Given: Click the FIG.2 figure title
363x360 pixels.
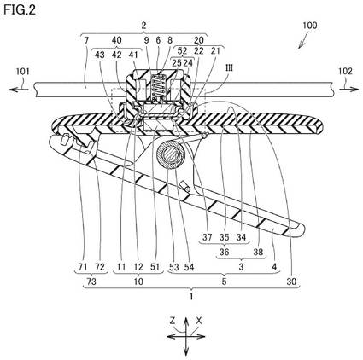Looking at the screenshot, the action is [x=20, y=10].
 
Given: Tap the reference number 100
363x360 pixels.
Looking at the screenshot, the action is [x=309, y=26].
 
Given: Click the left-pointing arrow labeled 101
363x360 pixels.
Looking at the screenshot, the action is [x=19, y=90].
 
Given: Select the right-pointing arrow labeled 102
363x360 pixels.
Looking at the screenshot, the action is [x=348, y=90].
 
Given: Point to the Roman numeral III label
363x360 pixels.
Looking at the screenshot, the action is [x=229, y=68].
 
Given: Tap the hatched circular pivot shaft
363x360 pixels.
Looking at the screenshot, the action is [x=171, y=156].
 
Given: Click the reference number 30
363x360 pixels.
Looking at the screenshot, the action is [x=291, y=282].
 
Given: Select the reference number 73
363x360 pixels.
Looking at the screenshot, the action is [x=91, y=282].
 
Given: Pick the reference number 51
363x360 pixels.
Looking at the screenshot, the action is [x=154, y=267].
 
